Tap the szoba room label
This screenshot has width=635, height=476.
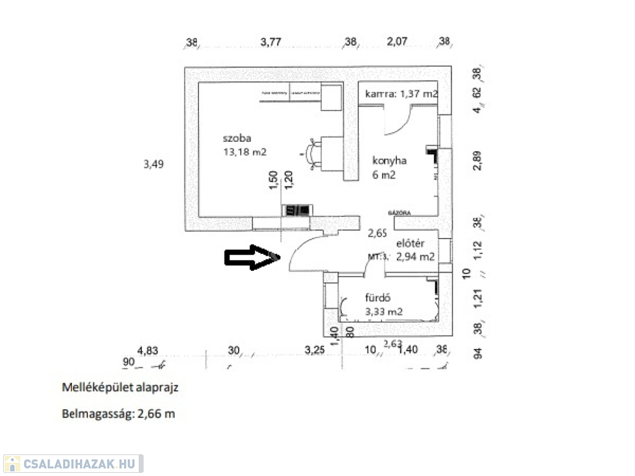click(x=238, y=138)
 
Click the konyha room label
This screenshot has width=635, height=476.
click(x=389, y=161)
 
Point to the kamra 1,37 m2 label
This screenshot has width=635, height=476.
click(x=401, y=94)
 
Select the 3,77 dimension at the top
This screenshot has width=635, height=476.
click(x=271, y=42)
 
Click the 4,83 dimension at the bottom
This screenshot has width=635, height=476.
click(x=149, y=350)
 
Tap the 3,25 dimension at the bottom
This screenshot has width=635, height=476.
click(x=315, y=350)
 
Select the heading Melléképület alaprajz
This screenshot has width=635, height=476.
click(x=121, y=387)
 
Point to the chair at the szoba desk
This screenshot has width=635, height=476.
click(x=312, y=152)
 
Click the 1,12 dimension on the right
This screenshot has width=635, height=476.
click(x=476, y=250)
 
